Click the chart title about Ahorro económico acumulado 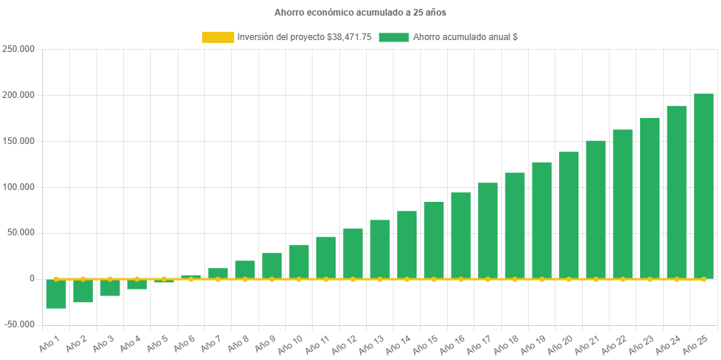[360, 13]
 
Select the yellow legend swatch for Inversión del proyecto [218, 37]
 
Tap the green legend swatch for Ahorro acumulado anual [394, 37]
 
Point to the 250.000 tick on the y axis [20, 49]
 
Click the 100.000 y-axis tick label [20, 186]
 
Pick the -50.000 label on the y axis [20, 324]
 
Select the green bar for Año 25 [703, 186]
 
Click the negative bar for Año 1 [56, 294]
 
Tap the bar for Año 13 [379, 249]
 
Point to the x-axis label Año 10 [291, 342]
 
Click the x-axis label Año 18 [506, 342]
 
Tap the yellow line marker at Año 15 [434, 279]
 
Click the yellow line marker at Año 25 [703, 279]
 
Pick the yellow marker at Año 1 [56, 279]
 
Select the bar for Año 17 [488, 230]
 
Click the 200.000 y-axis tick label [20, 95]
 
